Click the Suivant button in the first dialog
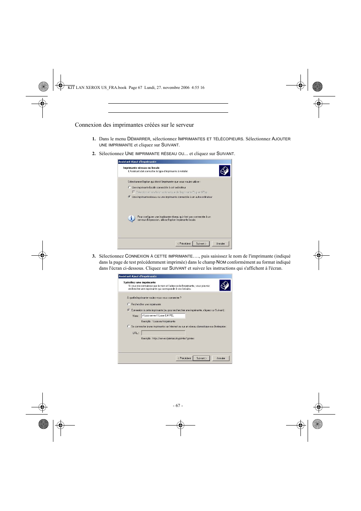coord(201,244)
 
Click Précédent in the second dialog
coord(184,358)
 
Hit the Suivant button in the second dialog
coord(201,358)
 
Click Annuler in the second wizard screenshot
coord(221,358)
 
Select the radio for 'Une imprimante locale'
coord(129,187)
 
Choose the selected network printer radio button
coord(129,197)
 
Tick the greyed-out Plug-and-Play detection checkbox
coord(133,192)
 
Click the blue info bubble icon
coord(131,218)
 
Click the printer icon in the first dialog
coord(224,171)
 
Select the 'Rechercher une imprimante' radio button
coord(129,304)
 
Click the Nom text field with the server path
coord(163,315)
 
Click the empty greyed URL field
coord(163,333)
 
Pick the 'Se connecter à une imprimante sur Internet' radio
coord(129,326)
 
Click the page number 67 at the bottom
coord(178,405)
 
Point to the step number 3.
coord(94,256)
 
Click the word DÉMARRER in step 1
coord(139,139)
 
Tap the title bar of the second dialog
coord(174,276)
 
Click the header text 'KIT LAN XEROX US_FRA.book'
coord(97,87)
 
